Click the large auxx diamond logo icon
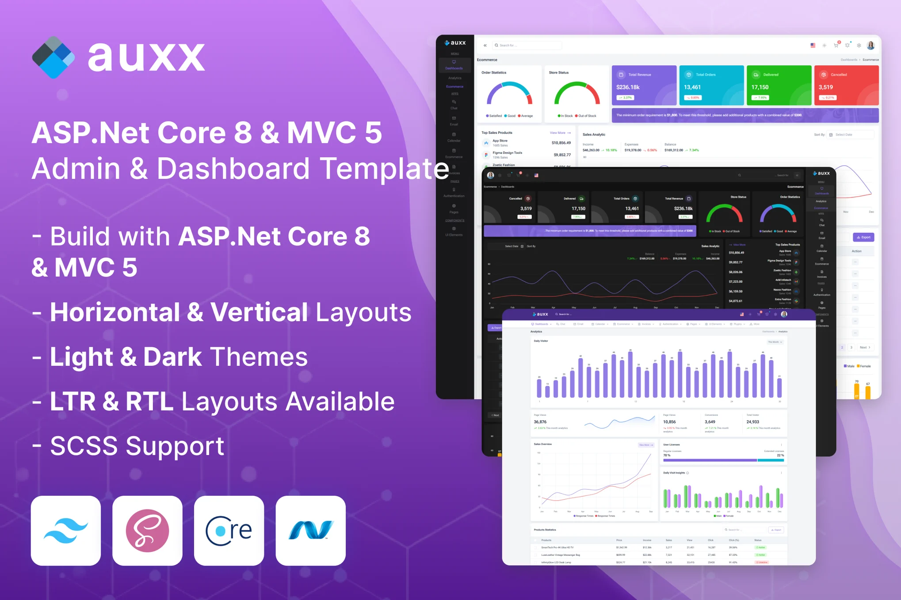(x=53, y=57)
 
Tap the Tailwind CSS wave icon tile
(x=66, y=531)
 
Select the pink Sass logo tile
(x=147, y=531)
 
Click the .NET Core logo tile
(x=229, y=531)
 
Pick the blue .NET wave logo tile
(x=310, y=531)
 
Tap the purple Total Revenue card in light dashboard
(x=644, y=86)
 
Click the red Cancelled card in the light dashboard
(x=846, y=86)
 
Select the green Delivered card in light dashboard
(x=779, y=86)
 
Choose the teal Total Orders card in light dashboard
(x=711, y=86)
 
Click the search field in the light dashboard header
(x=527, y=46)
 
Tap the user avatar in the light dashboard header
(x=870, y=46)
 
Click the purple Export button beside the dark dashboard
(x=863, y=237)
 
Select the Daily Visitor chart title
(x=541, y=341)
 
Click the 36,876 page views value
(x=540, y=422)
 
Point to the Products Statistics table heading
(x=545, y=530)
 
